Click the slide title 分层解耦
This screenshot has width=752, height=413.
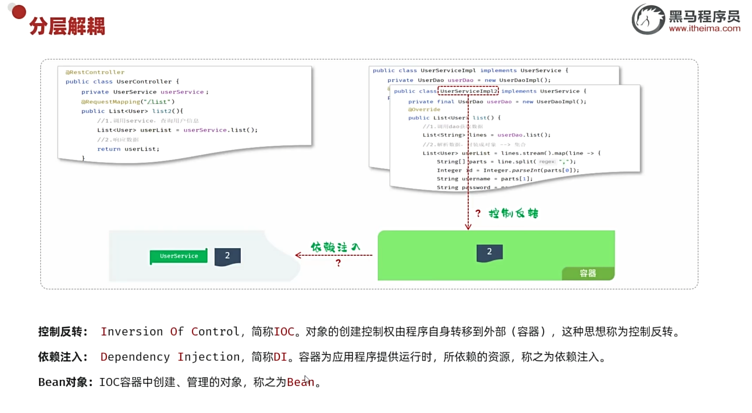click(67, 26)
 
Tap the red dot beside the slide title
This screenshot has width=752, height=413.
click(19, 12)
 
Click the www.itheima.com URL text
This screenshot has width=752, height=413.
click(705, 28)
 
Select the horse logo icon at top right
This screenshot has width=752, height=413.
click(648, 19)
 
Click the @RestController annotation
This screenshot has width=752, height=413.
click(95, 72)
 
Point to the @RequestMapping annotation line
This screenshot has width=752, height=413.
click(128, 101)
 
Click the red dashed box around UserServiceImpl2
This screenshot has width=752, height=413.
click(468, 91)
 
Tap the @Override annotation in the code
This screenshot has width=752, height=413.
click(424, 109)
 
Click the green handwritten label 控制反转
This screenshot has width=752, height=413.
click(513, 214)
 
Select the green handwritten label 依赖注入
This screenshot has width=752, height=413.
click(335, 247)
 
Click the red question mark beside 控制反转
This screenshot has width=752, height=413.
click(478, 214)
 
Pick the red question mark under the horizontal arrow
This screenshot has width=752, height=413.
click(338, 263)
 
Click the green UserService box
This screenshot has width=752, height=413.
click(179, 256)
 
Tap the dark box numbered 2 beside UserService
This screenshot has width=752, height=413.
click(227, 256)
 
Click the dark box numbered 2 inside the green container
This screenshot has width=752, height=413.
click(490, 252)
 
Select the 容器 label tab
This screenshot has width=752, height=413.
click(588, 273)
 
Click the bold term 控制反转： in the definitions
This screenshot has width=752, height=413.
click(63, 331)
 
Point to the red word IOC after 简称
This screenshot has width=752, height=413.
click(284, 331)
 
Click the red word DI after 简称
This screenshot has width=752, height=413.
click(280, 357)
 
